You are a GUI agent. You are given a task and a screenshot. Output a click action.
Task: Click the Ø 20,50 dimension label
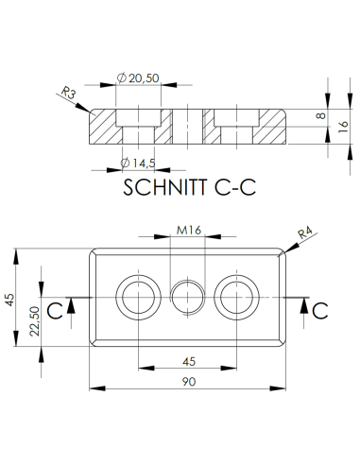coord(138,77)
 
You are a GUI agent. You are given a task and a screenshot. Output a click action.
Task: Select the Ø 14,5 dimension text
coord(138,163)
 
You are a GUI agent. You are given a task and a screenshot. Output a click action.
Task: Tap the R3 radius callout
coord(68,93)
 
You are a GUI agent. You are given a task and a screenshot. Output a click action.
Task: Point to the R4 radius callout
coord(305,233)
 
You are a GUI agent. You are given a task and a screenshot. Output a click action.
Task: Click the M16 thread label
coord(189,231)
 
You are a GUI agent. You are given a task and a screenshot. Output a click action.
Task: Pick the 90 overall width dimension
coord(189,382)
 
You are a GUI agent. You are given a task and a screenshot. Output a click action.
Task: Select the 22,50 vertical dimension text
coord(35,321)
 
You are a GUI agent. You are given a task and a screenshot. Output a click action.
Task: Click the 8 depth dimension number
coord(320,115)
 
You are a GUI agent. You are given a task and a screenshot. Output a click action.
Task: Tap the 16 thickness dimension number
coord(343,126)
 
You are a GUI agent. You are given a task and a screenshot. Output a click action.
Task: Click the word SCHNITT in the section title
coord(165,187)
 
